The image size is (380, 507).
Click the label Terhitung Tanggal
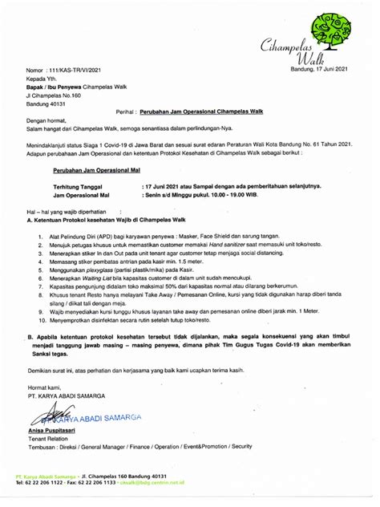(x=79, y=186)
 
